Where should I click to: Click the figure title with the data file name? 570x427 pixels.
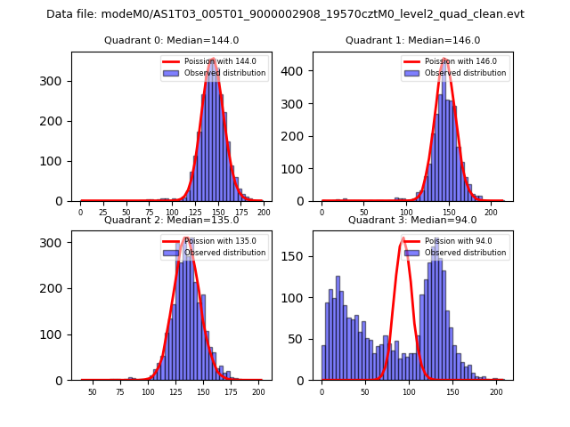(285, 14)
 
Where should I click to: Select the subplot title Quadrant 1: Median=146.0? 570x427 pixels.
(412, 40)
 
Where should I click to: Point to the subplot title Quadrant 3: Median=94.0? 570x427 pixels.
(412, 220)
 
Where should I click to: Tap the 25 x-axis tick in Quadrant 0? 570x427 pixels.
(103, 212)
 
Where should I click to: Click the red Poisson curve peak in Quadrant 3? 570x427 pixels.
(403, 238)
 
